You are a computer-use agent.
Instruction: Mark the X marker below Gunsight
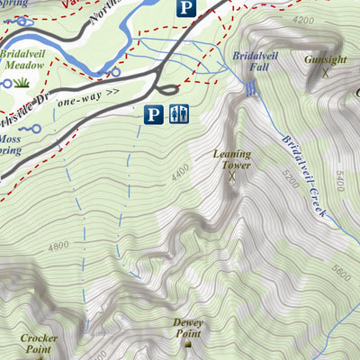[x=324, y=74]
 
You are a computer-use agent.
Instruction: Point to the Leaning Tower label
[x=231, y=159]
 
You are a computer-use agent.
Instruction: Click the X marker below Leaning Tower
[x=231, y=176]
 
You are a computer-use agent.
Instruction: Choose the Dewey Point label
[x=189, y=328]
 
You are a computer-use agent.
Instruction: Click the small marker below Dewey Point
[x=189, y=344]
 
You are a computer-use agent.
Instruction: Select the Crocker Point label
[x=38, y=343]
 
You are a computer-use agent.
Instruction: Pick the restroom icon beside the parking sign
[x=177, y=114]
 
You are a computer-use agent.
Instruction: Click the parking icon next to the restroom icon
[x=154, y=114]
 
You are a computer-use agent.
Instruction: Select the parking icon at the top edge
[x=184, y=9]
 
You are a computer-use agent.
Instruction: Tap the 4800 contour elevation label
[x=58, y=244]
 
